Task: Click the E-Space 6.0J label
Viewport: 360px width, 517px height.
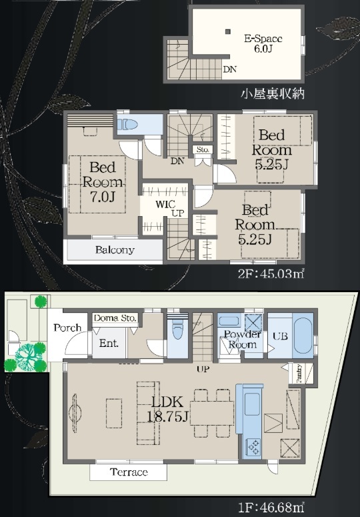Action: click(x=263, y=43)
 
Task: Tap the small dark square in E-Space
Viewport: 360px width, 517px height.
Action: click(x=227, y=31)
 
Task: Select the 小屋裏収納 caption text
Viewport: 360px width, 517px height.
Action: click(x=273, y=94)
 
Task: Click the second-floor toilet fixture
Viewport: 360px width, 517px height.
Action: click(x=127, y=124)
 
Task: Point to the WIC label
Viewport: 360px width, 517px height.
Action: click(x=165, y=204)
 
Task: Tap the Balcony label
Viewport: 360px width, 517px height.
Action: click(x=115, y=249)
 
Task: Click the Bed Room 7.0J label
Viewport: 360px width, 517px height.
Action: click(x=102, y=181)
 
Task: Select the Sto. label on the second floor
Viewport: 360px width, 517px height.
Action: click(x=203, y=149)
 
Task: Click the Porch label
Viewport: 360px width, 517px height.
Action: click(x=67, y=328)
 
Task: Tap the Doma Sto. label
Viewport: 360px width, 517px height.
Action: click(x=115, y=318)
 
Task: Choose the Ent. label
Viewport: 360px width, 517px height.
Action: click(x=109, y=344)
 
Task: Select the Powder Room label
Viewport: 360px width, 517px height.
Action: click(x=243, y=340)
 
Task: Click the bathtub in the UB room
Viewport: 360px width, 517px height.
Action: click(x=303, y=337)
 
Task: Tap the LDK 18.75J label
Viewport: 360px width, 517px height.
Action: click(x=167, y=409)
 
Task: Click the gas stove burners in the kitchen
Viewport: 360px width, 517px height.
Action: click(x=254, y=447)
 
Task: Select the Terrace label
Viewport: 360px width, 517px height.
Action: click(x=129, y=472)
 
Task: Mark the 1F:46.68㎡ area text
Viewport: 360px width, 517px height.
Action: click(x=271, y=507)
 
